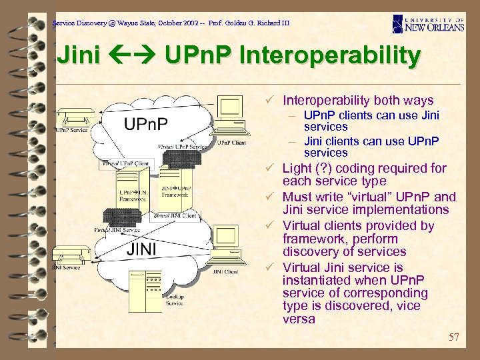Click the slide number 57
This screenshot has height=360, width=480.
coord(453,337)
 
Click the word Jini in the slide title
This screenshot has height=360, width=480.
coord(79,55)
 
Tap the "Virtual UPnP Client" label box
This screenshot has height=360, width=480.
coord(127,163)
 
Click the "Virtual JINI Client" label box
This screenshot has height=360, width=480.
coord(175,215)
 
